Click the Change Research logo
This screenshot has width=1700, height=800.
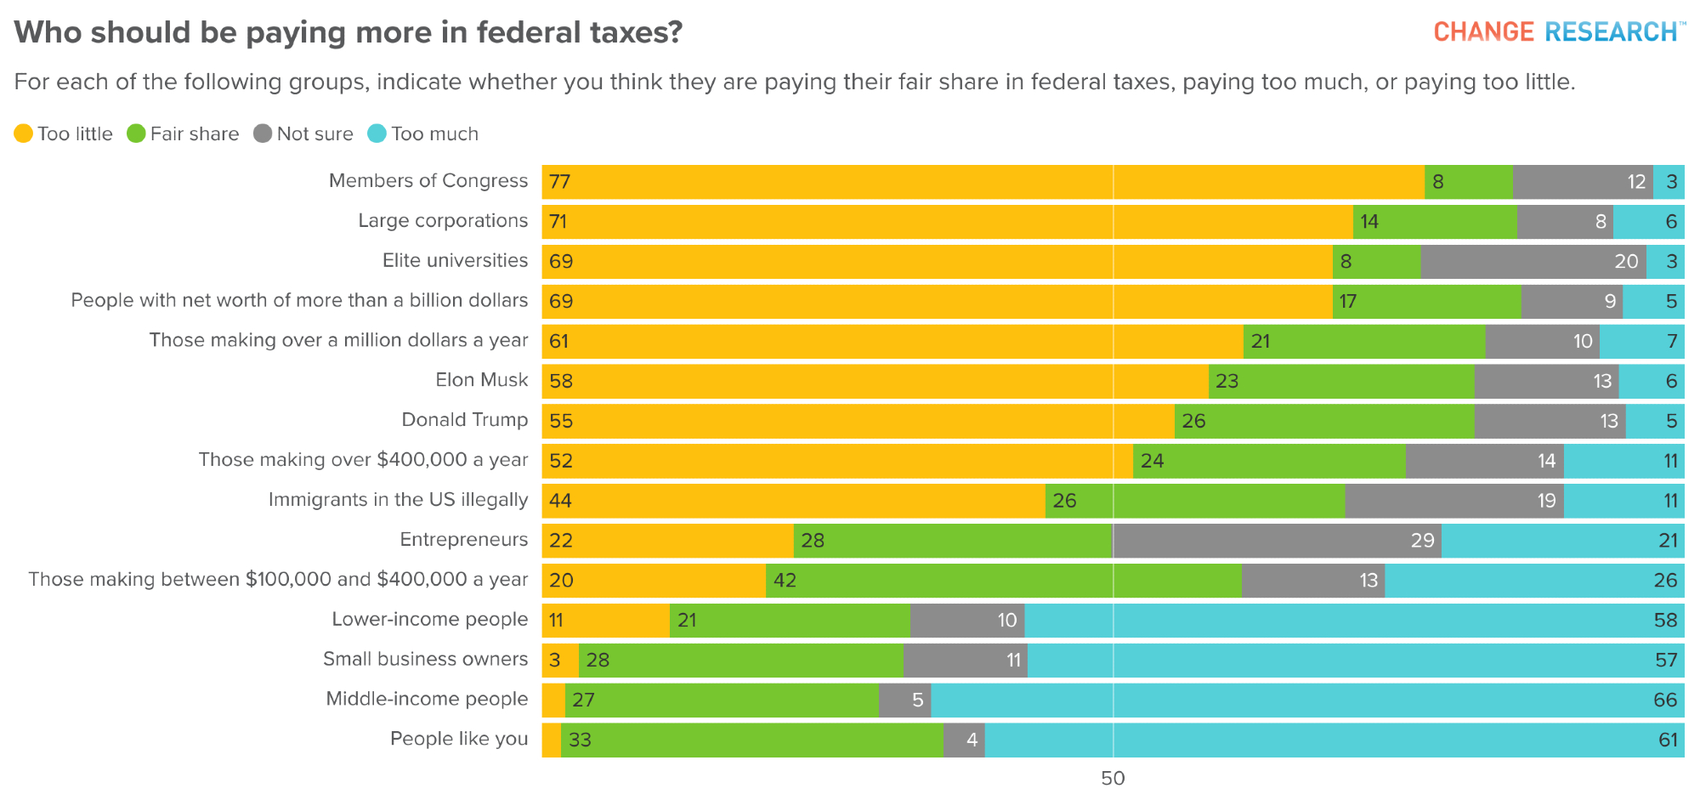pos(1559,32)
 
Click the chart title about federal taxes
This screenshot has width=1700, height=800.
pos(348,32)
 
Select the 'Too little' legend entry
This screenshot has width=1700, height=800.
pos(64,134)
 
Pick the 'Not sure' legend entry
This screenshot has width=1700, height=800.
pos(303,134)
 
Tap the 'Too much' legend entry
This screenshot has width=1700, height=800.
pos(423,134)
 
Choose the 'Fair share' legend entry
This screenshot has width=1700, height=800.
pos(184,134)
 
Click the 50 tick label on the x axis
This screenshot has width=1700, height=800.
pos(1113,778)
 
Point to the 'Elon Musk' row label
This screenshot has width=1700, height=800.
pos(481,380)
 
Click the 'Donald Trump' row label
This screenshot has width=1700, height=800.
pos(464,420)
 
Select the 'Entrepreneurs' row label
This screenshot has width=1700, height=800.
pos(463,540)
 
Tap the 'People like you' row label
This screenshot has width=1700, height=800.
pos(459,739)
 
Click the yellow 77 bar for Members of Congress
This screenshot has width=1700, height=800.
pos(983,182)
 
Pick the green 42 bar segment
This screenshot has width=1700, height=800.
pos(1003,580)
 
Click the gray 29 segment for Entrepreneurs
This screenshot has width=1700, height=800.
pos(1277,540)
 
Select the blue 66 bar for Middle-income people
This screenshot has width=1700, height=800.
pos(1307,700)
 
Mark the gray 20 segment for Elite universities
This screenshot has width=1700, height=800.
pos(1533,261)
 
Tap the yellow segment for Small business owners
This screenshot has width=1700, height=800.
pos(560,660)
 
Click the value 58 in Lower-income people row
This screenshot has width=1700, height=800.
pos(1665,620)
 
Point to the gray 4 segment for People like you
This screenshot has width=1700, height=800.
pos(964,740)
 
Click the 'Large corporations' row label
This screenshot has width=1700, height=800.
pos(443,221)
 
